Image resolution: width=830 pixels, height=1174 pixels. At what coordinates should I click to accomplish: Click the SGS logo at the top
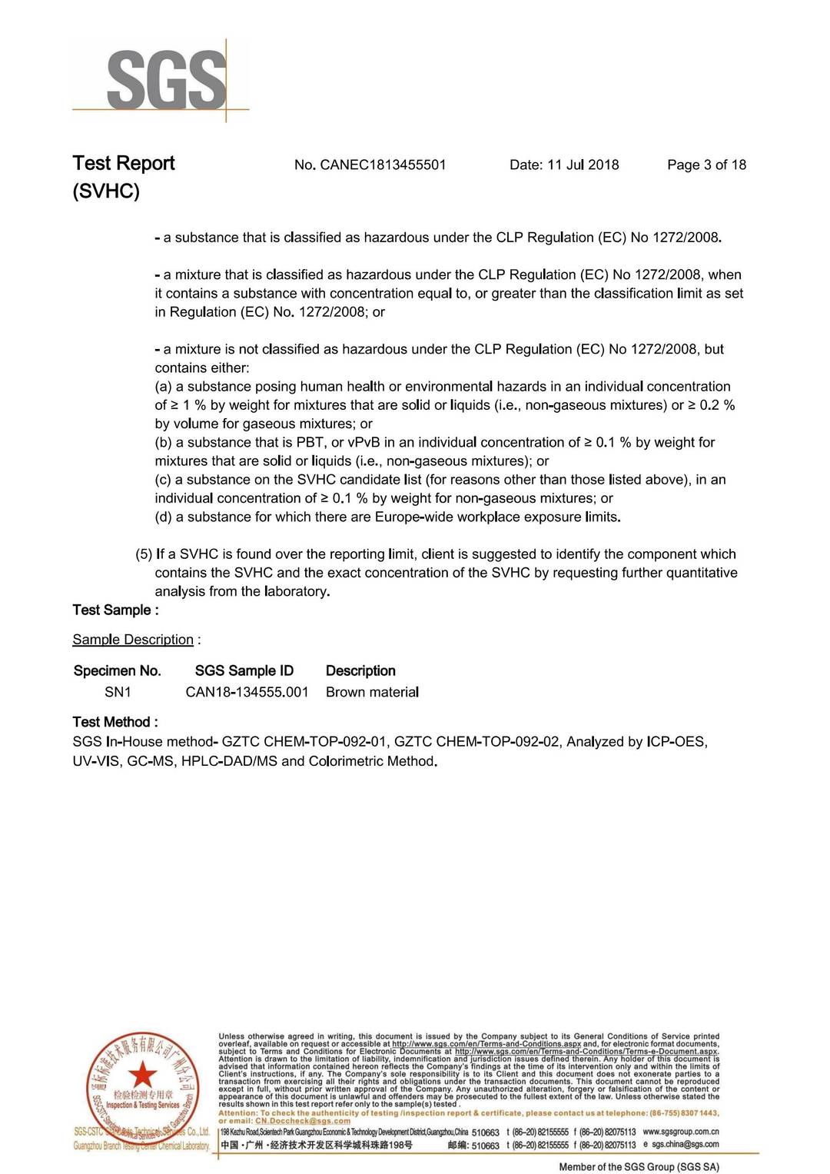(x=165, y=79)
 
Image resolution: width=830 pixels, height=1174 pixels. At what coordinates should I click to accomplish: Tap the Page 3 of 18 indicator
(x=706, y=165)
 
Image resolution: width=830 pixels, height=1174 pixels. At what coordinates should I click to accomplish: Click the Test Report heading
(x=124, y=163)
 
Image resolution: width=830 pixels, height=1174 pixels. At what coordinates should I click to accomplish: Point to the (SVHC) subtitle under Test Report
(x=106, y=191)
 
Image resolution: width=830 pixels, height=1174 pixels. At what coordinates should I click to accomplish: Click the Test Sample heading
(x=115, y=610)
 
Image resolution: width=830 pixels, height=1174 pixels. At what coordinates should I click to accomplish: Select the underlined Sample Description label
(x=133, y=640)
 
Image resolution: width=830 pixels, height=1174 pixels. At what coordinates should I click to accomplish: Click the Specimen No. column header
(x=118, y=670)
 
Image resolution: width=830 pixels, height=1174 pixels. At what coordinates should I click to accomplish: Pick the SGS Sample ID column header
(x=244, y=670)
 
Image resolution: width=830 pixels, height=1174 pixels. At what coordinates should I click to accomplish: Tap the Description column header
(x=360, y=670)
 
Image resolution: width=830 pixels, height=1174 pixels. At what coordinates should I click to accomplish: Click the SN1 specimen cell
(x=118, y=692)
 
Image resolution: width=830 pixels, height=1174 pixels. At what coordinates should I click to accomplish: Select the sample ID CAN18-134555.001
(x=247, y=692)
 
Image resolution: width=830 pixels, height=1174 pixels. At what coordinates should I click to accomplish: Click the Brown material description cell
(x=372, y=692)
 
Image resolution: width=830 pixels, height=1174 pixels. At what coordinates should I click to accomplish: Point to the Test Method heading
(x=115, y=722)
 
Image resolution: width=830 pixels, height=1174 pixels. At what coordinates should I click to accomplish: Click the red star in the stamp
(x=142, y=1074)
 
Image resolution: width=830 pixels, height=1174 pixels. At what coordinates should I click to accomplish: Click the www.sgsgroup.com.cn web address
(x=681, y=1132)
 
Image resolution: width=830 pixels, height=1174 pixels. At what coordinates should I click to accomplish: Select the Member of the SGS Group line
(x=639, y=1167)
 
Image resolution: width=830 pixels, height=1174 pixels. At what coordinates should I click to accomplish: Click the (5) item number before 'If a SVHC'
(x=144, y=554)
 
